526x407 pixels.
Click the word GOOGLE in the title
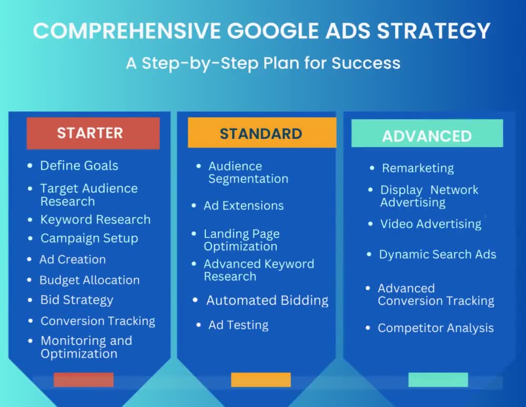click(272, 31)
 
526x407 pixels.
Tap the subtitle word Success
click(366, 63)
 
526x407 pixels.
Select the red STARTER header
click(93, 133)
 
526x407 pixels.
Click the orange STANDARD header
click(262, 133)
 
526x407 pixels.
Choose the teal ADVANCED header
click(427, 133)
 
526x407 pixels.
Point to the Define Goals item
click(79, 166)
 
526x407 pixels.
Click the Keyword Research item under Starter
click(95, 220)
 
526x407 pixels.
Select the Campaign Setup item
click(89, 238)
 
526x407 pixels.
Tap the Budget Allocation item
click(89, 280)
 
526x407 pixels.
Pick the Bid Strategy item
click(77, 300)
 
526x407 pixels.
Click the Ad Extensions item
click(244, 206)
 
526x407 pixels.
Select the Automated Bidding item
click(267, 300)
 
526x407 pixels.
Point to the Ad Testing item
click(238, 325)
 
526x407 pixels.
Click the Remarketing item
click(418, 168)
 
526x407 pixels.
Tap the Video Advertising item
click(431, 224)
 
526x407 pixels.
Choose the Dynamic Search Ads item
click(438, 255)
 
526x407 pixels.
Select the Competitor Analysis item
click(436, 328)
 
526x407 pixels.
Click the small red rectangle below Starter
click(84, 380)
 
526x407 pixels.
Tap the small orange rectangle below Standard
click(261, 380)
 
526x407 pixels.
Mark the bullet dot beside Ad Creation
click(29, 259)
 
